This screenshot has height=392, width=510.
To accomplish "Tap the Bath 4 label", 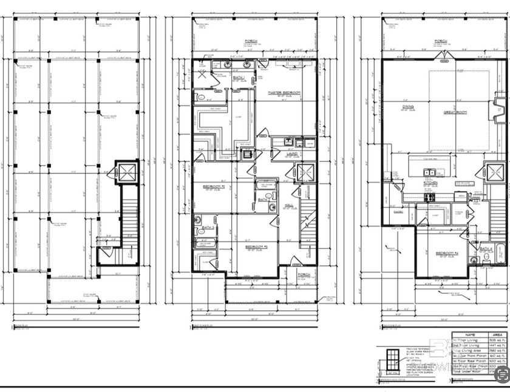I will click(x=486, y=249).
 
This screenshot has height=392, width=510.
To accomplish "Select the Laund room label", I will click(x=291, y=155).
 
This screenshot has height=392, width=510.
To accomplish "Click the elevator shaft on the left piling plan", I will click(x=127, y=172).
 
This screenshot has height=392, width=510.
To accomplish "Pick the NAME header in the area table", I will click(x=469, y=334).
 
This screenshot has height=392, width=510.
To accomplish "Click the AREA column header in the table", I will click(x=497, y=334).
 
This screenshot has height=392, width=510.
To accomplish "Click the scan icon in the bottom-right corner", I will click(x=501, y=376).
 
